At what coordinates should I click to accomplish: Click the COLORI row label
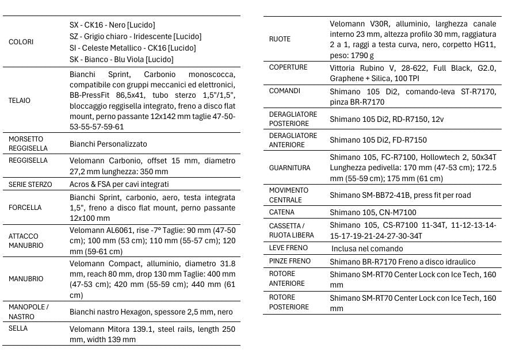21,42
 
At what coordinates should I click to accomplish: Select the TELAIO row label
20,101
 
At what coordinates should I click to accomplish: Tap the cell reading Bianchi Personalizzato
108,144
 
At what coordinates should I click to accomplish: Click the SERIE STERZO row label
30,185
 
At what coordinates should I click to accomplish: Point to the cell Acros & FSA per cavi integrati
119,185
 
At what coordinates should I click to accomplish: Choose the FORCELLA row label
25,208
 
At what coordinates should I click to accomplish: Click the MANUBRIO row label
26,279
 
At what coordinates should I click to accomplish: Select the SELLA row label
18,328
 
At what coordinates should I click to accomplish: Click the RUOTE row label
280,39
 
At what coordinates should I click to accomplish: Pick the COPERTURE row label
288,67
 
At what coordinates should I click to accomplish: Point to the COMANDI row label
284,91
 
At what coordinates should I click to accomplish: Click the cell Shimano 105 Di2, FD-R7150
378,140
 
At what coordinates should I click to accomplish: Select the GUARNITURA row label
289,168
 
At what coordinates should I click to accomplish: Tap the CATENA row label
281,213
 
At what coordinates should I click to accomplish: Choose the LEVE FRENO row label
288,248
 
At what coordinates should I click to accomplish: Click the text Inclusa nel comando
367,248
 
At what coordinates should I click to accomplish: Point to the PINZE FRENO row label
289,261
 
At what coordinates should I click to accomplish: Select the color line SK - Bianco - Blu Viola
121,59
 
